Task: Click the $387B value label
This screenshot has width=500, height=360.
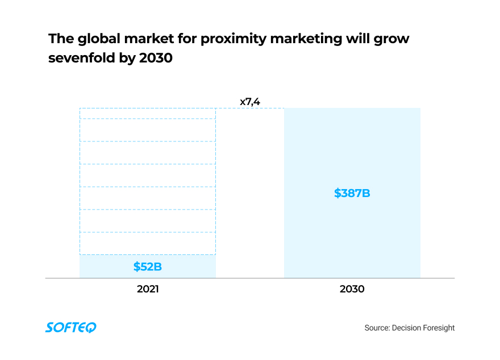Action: pos(352,193)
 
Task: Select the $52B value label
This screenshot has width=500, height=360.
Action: pos(148,266)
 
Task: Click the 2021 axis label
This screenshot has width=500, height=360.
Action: pos(148,289)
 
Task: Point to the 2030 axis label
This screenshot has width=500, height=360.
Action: pos(352,289)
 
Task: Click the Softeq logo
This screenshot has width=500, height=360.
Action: pos(71,327)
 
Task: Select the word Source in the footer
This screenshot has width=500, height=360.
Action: pos(377,328)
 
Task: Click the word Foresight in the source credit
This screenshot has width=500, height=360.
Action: pos(438,328)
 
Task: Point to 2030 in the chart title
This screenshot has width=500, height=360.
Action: pos(156,58)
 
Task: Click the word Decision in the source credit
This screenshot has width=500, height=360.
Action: pos(407,328)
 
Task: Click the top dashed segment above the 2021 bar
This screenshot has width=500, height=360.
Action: pos(148,113)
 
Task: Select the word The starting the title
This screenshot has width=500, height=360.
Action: pos(60,39)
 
